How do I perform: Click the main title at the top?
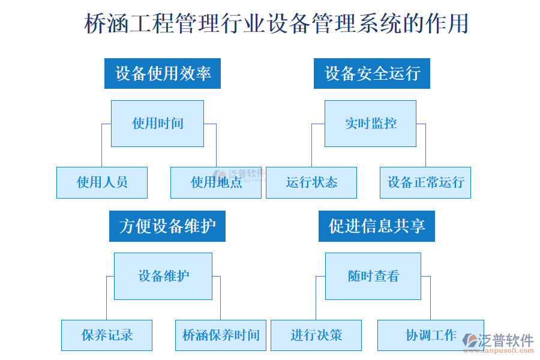point(276,24)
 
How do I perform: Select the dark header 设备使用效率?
point(163,73)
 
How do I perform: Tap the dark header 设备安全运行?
point(372,73)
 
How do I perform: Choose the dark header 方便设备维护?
point(167,226)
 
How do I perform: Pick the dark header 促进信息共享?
point(377,226)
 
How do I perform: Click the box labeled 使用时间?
point(157,124)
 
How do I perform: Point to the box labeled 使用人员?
point(102,182)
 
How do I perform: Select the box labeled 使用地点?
point(216,182)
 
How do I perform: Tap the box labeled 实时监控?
point(370,124)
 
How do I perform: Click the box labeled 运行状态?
point(311,182)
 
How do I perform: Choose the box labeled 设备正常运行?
point(425,182)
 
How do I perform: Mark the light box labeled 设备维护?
point(163,276)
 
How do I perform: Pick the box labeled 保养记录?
point(107,335)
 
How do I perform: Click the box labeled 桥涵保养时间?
point(221,335)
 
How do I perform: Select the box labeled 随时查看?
point(373,276)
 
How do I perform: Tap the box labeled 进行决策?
point(316,335)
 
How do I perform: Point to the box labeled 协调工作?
point(431,335)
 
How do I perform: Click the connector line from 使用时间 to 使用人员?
point(101,147)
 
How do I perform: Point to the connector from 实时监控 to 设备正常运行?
point(425,147)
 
